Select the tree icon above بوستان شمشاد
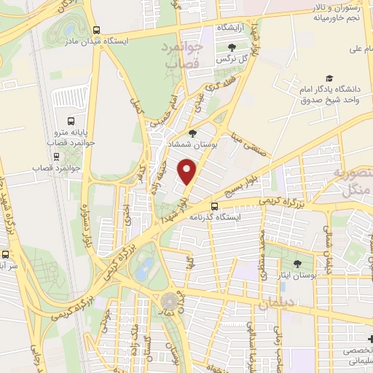pyautogui.click(x=192, y=133)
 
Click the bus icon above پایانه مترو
pyautogui.click(x=70, y=122)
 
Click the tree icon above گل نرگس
pyautogui.click(x=221, y=47)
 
